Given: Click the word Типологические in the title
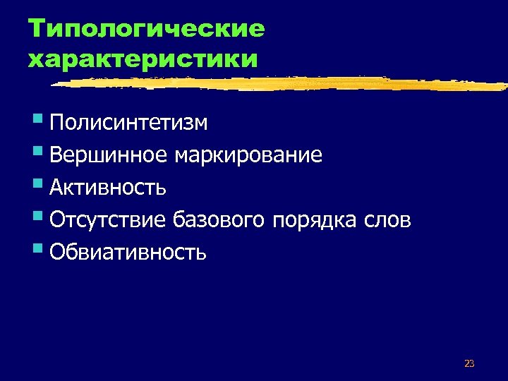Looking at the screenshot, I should [146, 29].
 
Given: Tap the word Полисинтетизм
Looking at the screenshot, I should [128, 123].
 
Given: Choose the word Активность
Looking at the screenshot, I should [108, 188].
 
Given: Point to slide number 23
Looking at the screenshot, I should [469, 364].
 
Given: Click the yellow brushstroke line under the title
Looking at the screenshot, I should [282, 83].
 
